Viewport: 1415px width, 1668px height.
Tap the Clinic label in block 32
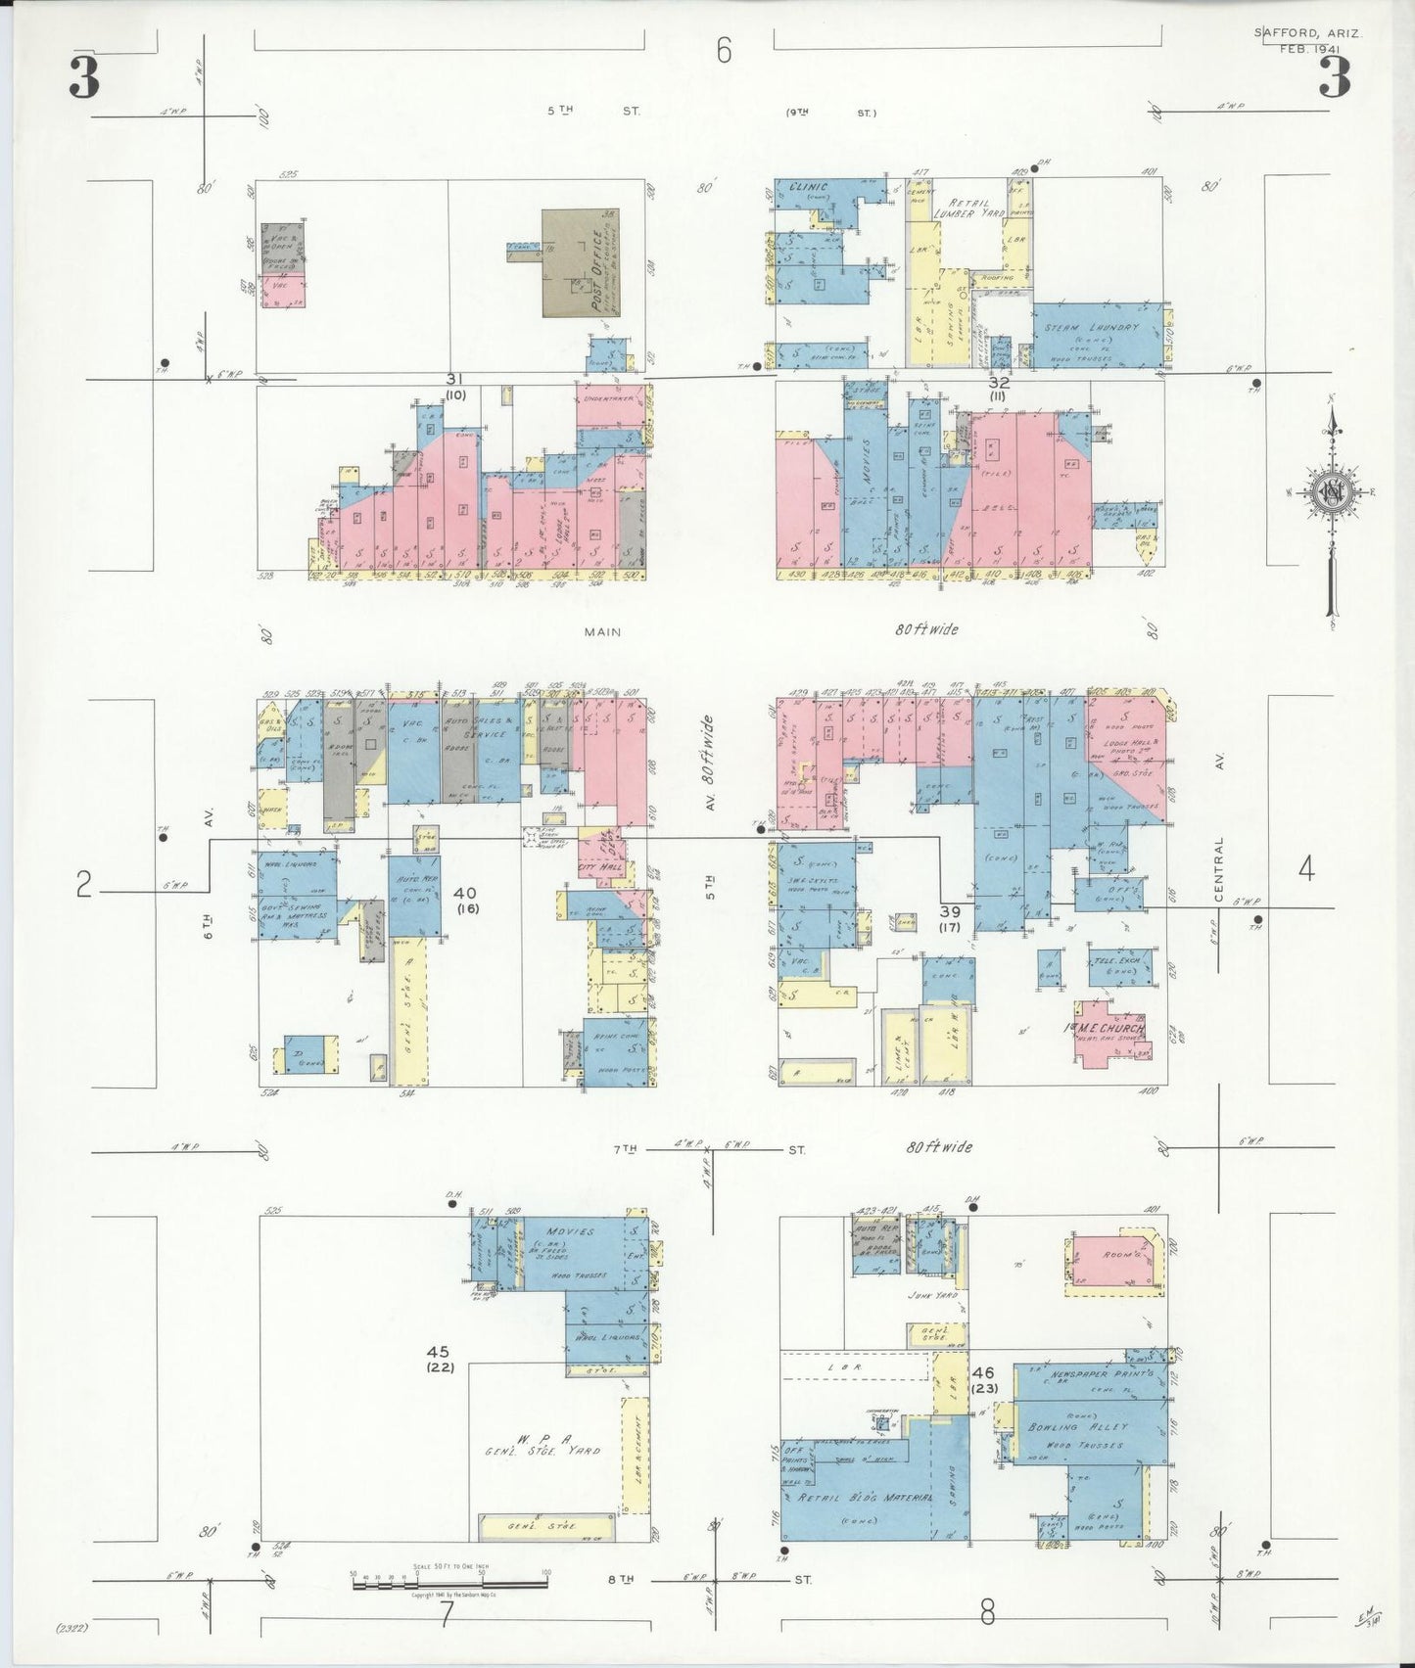pos(809,187)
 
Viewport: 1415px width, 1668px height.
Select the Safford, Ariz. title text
pos(1307,32)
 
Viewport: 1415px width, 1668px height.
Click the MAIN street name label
pos(602,632)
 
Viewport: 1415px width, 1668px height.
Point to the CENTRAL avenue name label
pos(1220,869)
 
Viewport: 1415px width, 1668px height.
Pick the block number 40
pos(465,893)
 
